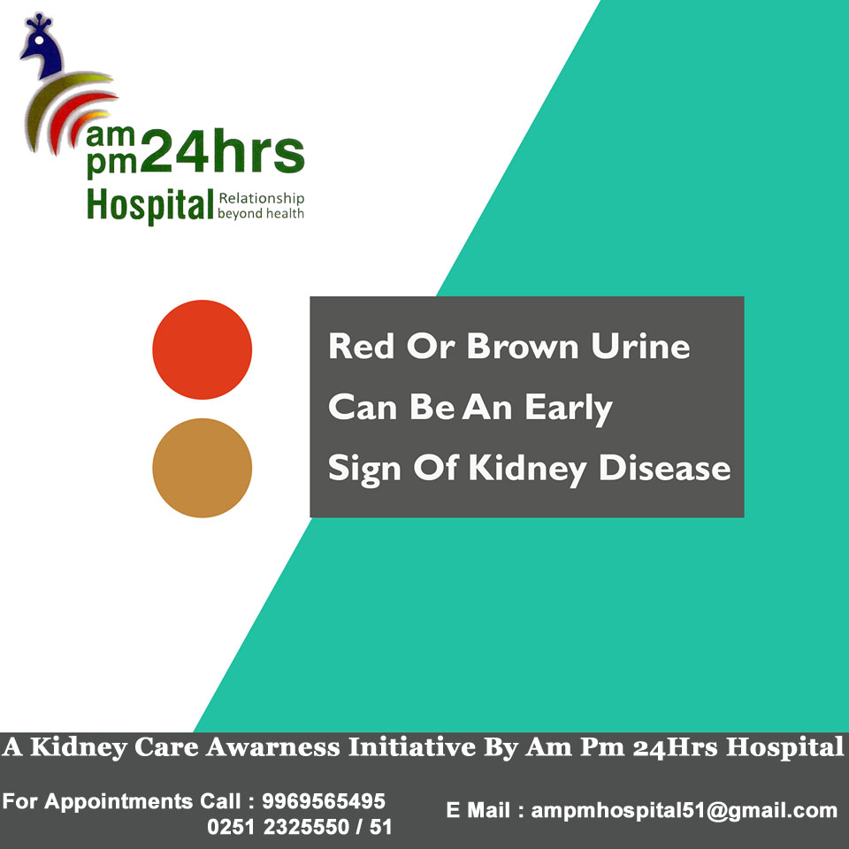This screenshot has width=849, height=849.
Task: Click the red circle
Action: (202, 350)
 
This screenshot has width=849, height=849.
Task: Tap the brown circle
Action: (202, 468)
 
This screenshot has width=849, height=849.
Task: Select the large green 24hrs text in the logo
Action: (223, 151)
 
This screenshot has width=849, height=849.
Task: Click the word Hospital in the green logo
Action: (150, 206)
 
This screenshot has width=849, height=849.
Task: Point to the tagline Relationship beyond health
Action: (260, 206)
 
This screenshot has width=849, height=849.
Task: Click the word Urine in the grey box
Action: (640, 346)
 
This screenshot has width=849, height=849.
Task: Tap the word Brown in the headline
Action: (523, 346)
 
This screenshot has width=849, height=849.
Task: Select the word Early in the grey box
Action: (569, 409)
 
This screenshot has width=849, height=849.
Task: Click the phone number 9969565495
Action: (324, 801)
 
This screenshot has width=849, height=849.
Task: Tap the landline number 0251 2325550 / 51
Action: (300, 827)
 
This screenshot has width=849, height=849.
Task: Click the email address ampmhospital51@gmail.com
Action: (685, 811)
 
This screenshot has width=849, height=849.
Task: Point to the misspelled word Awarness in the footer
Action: (272, 747)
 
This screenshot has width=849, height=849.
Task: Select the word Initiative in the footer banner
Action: (412, 747)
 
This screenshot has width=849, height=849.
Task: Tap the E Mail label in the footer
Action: (477, 811)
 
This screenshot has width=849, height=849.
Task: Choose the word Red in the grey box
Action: (361, 346)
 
